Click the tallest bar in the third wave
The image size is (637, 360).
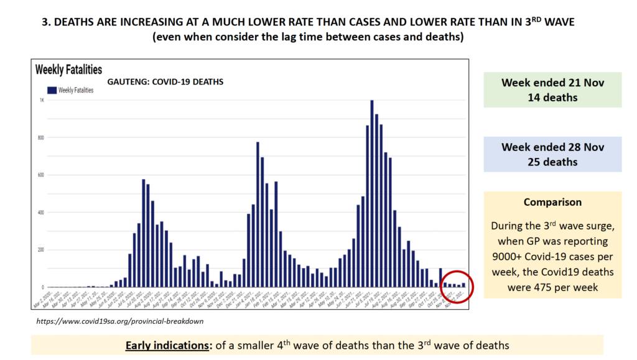[x=371, y=193]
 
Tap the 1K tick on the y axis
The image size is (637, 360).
[x=42, y=100]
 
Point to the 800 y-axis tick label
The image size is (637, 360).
[x=42, y=137]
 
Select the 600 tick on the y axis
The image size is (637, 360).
[x=42, y=175]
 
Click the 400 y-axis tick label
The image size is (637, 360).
[x=42, y=213]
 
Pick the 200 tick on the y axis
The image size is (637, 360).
[x=42, y=250]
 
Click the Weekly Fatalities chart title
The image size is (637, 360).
[x=69, y=69]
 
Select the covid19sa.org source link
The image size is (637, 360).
[x=119, y=321]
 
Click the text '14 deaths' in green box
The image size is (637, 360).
[x=552, y=97]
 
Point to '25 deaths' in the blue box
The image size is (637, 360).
[x=552, y=162]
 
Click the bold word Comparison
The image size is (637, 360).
[x=552, y=202]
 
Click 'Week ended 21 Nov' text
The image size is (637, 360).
[x=552, y=82]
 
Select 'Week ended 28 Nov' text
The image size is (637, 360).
[x=552, y=147]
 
